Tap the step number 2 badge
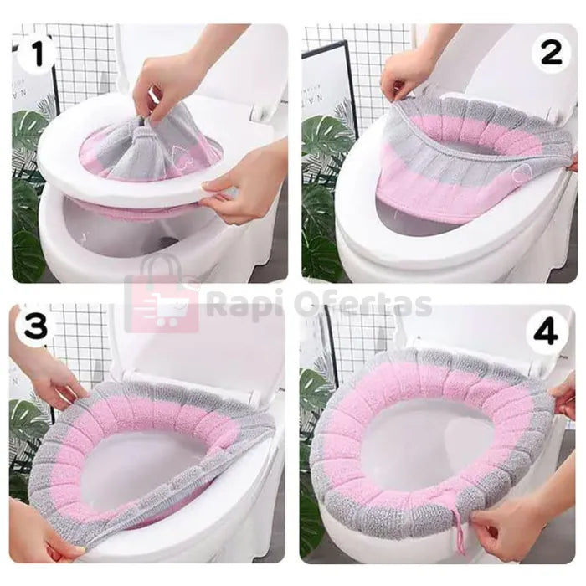click(551, 53)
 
